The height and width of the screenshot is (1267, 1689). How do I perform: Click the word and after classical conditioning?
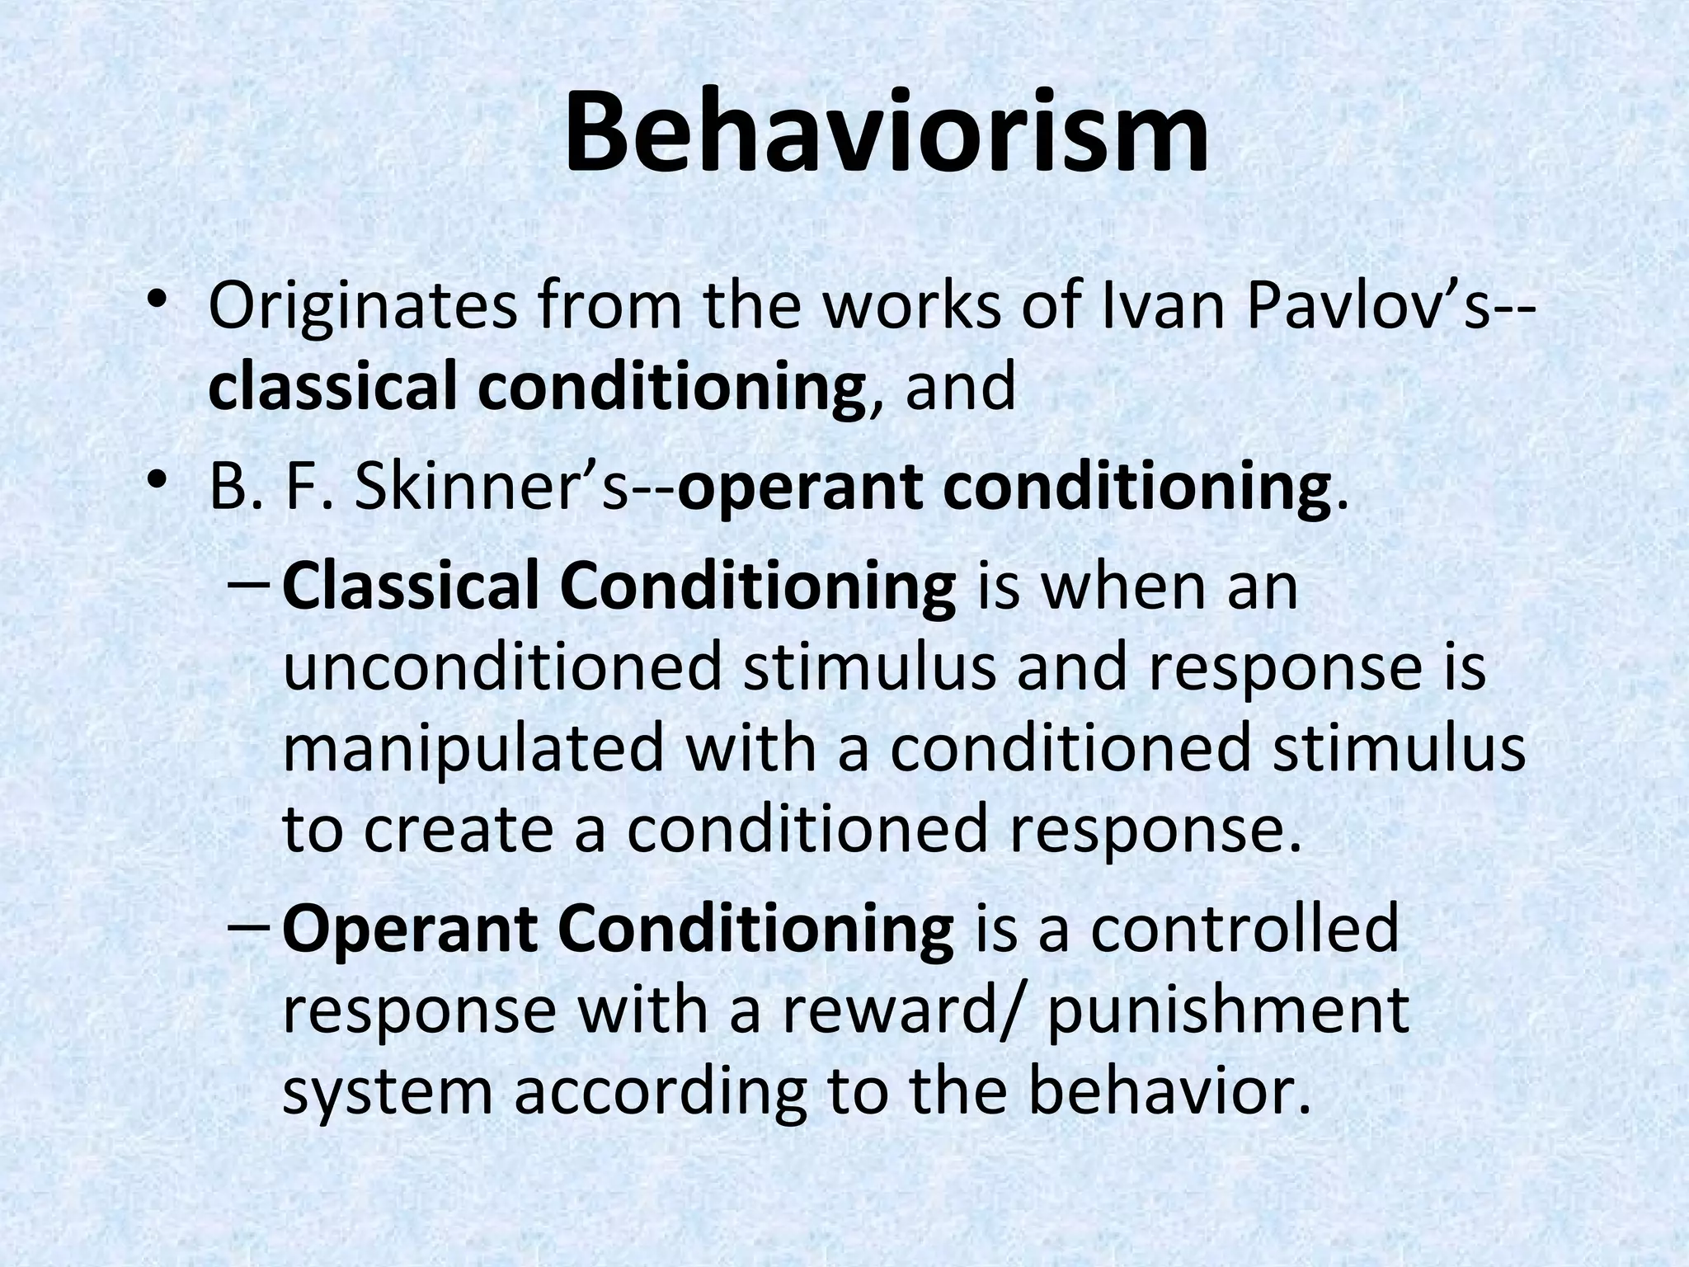(961, 389)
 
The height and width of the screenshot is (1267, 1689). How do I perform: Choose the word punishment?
(1228, 1012)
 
